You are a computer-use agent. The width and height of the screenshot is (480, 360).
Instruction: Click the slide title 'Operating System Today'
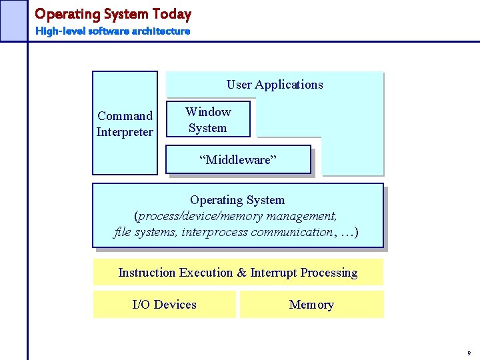[113, 14]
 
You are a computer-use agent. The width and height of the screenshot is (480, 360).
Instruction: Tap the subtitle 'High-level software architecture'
[113, 31]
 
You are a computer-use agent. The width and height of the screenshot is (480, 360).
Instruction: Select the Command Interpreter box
[125, 123]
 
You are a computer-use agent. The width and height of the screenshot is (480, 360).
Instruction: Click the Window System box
[208, 119]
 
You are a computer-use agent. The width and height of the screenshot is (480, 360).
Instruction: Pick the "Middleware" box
[238, 159]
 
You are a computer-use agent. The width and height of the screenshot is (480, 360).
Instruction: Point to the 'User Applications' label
[275, 85]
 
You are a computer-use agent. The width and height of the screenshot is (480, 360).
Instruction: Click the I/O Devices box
[164, 305]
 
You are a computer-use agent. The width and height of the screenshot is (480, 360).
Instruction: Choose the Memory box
[311, 305]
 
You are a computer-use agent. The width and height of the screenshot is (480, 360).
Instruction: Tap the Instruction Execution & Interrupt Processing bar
[238, 273]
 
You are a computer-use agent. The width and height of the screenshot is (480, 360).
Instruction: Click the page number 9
[469, 353]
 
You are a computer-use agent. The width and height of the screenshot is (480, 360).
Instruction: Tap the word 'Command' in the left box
[125, 116]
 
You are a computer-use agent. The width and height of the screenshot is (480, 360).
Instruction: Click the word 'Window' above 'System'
[208, 112]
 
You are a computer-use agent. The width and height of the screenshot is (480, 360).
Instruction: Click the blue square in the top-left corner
[13, 20]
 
